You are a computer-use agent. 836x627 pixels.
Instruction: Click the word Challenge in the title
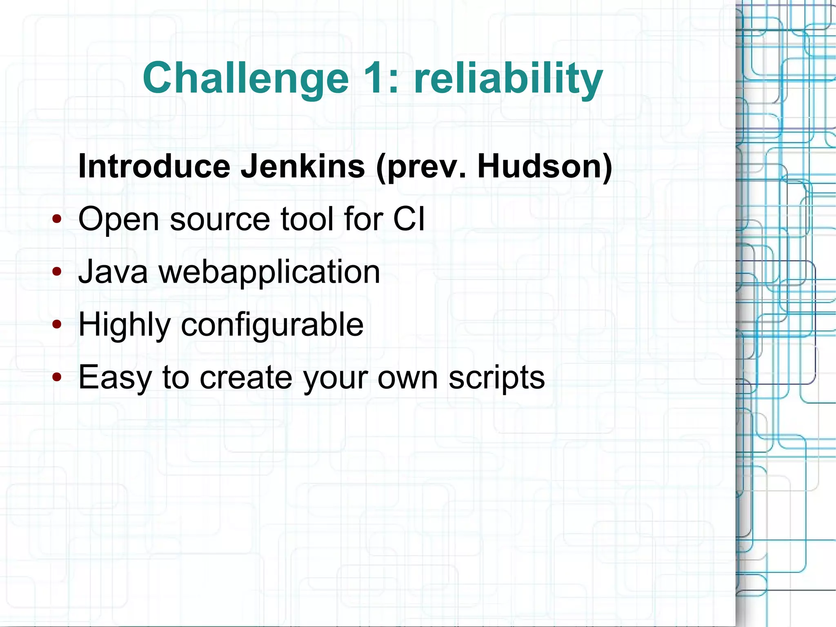click(x=245, y=78)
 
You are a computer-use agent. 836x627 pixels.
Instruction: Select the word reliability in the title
click(x=508, y=78)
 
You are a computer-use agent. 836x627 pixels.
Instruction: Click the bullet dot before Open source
click(x=57, y=219)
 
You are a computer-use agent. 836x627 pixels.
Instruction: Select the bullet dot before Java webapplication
click(x=57, y=271)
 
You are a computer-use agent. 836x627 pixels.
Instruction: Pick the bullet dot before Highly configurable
click(x=57, y=324)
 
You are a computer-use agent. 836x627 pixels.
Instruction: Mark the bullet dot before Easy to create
click(x=57, y=377)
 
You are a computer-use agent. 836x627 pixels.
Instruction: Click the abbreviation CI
click(x=409, y=219)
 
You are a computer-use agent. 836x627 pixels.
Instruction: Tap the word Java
click(x=113, y=272)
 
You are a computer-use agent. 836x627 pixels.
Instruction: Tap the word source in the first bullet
click(x=220, y=220)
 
